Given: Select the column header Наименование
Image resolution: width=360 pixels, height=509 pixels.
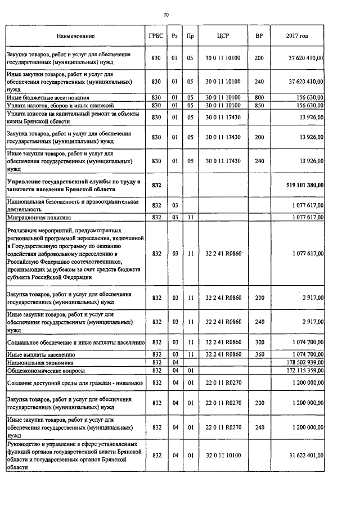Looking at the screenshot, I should click(x=75, y=36).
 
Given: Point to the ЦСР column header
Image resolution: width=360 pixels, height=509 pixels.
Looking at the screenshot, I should click(x=223, y=36).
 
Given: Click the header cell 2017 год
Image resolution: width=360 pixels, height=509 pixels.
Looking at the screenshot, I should click(x=298, y=36).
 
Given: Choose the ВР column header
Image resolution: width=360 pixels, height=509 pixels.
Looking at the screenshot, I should click(x=259, y=36).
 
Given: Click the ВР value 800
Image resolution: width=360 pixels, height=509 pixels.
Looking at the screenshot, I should click(x=259, y=97).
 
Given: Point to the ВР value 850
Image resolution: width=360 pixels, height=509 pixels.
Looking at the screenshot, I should click(x=259, y=105).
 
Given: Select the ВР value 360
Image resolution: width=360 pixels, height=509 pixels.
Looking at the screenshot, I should click(x=259, y=354).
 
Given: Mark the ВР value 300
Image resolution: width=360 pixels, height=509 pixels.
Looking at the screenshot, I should click(x=259, y=342).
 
